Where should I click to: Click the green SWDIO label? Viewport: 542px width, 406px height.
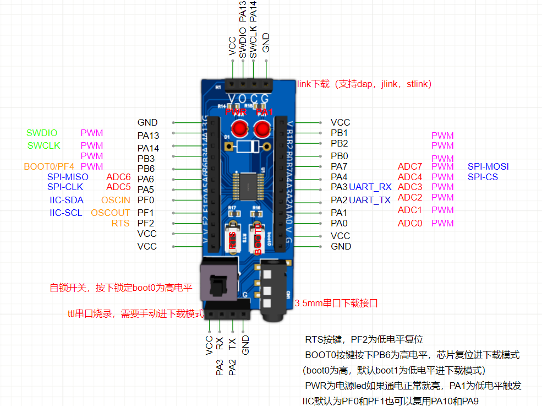click(x=42, y=133)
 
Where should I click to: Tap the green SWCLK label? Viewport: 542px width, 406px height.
click(x=43, y=145)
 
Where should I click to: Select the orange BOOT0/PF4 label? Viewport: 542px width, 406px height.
click(x=49, y=166)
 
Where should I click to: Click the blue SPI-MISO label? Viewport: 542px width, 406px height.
click(x=68, y=177)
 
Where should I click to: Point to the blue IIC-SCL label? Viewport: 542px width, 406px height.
click(x=67, y=213)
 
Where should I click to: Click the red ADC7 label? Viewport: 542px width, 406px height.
click(x=410, y=166)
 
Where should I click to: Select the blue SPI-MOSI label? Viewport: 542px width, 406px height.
click(x=488, y=166)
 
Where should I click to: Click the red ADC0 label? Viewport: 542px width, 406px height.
click(x=410, y=223)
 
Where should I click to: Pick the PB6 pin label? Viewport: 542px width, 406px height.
click(x=146, y=169)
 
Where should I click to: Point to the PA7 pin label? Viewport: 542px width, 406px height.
click(x=339, y=166)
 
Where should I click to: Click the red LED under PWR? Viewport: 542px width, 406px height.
click(x=239, y=129)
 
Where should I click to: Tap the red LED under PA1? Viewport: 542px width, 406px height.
click(x=261, y=129)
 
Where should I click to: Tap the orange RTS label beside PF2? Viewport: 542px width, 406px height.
click(x=121, y=223)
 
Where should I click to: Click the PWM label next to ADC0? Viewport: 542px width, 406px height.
click(x=442, y=223)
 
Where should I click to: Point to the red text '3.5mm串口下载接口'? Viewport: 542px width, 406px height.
click(x=336, y=303)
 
